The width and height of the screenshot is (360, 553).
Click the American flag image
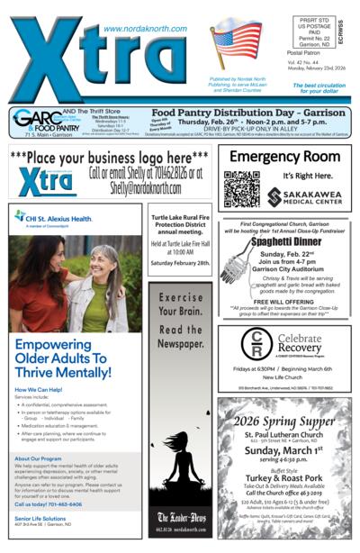pos(235,44)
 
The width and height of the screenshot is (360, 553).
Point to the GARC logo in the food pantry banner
pos(34,118)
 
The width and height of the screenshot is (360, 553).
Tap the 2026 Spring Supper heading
pos(284,422)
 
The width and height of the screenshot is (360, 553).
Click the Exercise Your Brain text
pos(181,316)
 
